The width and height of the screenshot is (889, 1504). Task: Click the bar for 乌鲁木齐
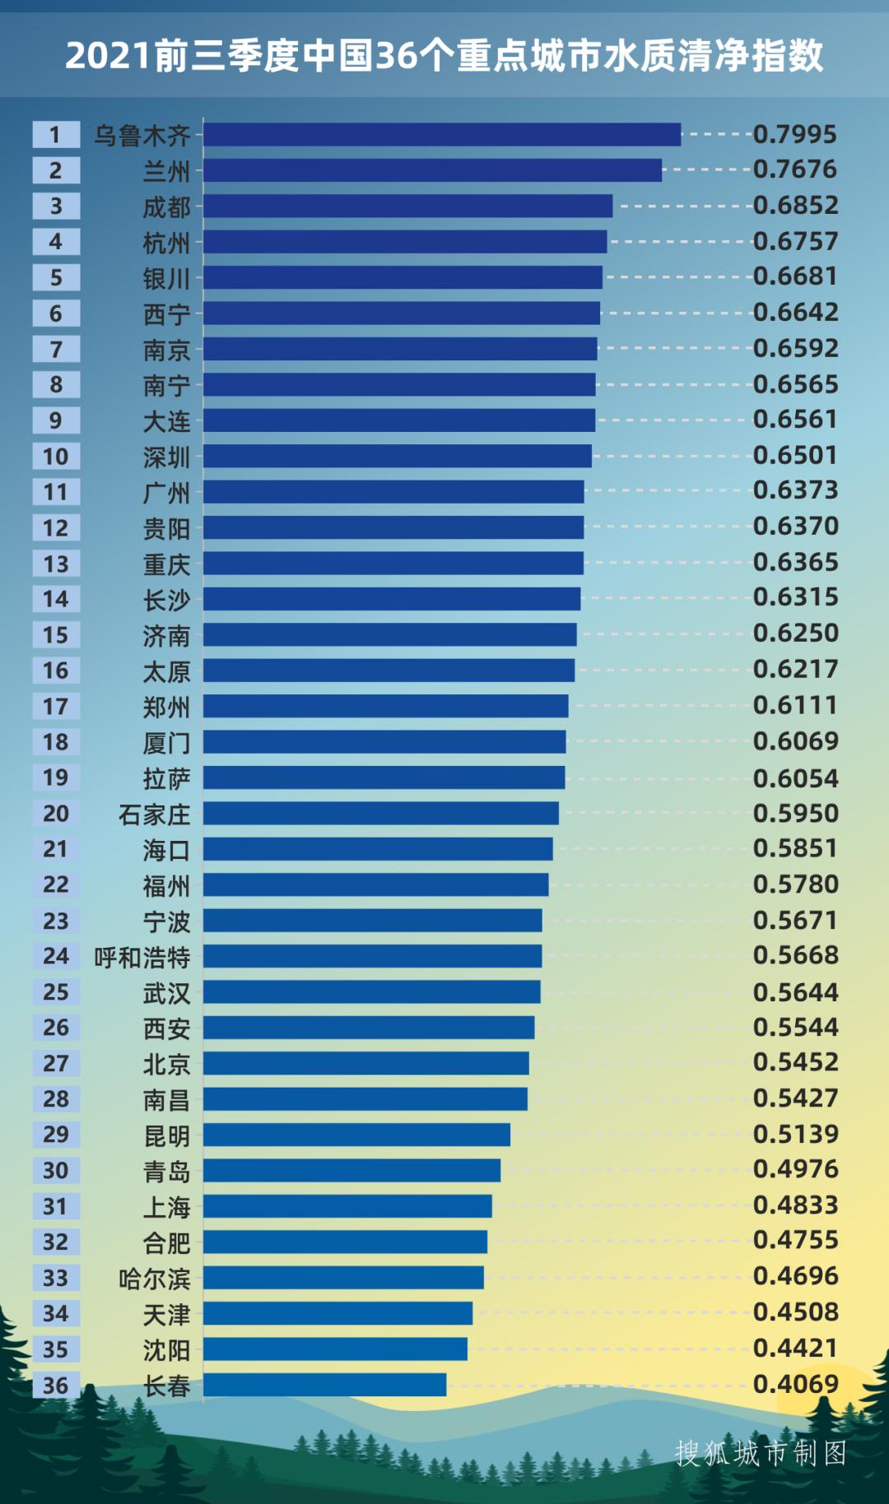point(442,134)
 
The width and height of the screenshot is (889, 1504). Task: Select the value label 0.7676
point(795,169)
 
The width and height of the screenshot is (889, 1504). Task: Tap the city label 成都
point(166,207)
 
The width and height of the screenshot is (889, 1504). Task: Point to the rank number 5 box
point(56,277)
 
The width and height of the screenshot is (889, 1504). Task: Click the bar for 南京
point(400,349)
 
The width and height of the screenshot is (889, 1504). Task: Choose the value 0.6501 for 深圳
point(795,455)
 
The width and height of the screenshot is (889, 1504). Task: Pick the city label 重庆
point(166,564)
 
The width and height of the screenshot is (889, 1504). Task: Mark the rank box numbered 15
point(56,634)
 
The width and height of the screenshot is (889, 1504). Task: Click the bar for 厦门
point(384,742)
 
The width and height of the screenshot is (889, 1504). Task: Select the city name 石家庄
point(154,815)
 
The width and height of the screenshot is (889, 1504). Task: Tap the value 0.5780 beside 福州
point(795,884)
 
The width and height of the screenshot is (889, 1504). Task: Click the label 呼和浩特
point(142,957)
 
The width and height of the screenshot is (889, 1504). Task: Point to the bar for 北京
point(366,1063)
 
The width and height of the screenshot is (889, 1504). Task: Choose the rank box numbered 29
point(56,1135)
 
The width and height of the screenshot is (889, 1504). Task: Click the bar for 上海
point(347,1206)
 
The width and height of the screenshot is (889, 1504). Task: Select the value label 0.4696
point(795,1276)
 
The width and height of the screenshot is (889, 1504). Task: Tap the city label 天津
point(166,1315)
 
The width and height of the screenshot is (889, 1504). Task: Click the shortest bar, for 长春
point(324,1385)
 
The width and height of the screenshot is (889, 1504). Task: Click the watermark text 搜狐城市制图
point(761,1453)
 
